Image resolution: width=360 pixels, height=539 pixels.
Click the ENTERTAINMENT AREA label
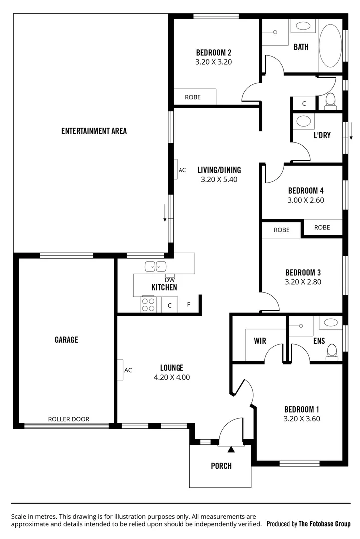coord(94,131)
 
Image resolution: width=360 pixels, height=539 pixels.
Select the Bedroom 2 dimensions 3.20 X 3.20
coord(213,62)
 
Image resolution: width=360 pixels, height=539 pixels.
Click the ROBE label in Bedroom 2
coord(193,97)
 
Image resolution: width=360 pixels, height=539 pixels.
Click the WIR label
coord(260,341)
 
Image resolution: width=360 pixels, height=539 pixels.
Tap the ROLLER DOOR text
coord(69,419)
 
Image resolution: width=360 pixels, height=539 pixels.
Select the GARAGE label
coord(66,340)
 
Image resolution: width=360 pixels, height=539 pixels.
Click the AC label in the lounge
coord(128,370)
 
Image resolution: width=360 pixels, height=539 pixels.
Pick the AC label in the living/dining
coord(182,170)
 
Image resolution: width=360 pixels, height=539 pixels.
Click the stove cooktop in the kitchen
coord(148,304)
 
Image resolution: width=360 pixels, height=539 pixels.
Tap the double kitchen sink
coord(155,267)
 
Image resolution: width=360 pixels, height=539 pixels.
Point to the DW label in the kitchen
coord(170,279)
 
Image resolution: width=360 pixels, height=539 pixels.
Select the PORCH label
coord(221,466)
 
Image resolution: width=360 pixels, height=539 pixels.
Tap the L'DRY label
coord(322,135)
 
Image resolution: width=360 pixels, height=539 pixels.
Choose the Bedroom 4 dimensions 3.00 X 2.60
coord(306,200)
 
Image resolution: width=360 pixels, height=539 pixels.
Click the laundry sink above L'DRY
coord(303,121)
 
